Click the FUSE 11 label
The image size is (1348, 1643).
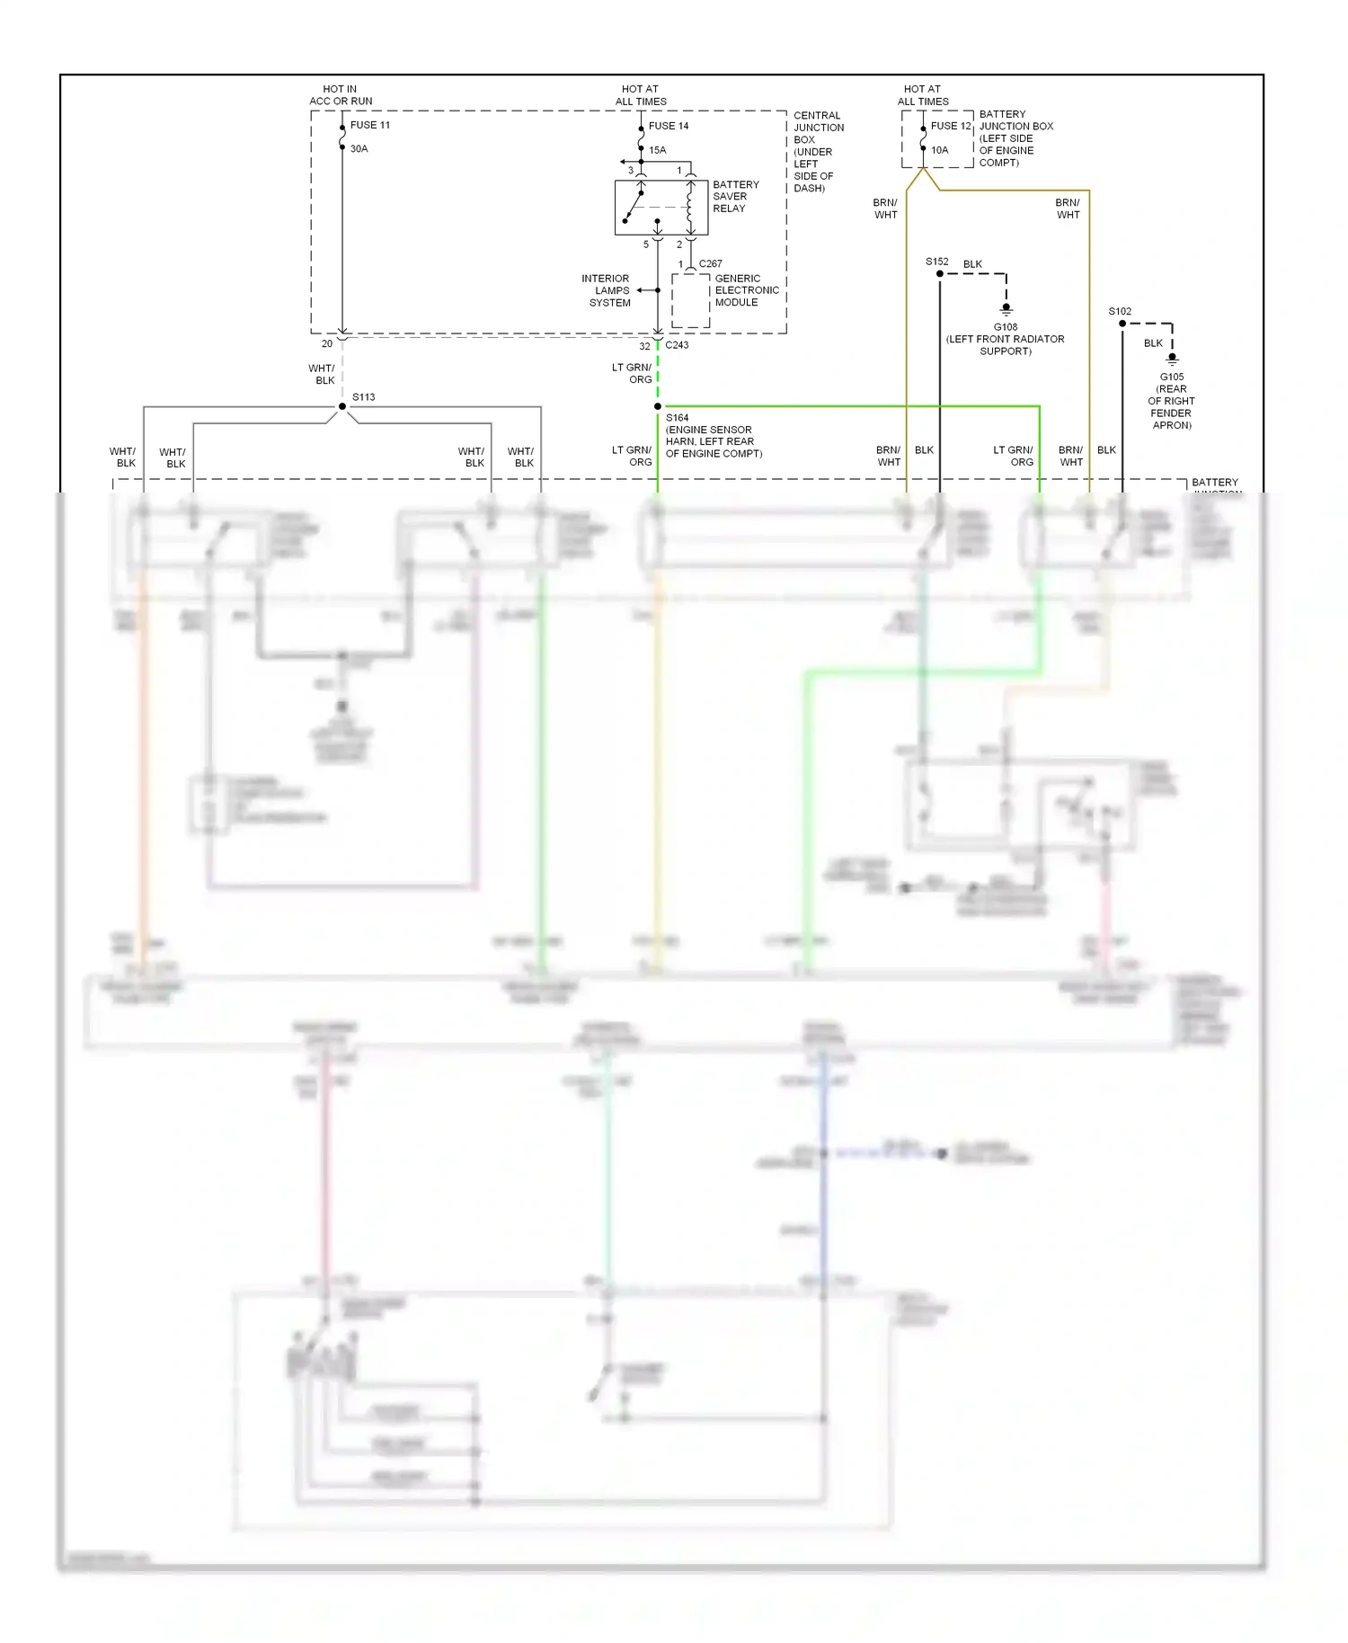tap(369, 125)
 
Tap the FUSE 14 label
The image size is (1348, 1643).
tap(668, 126)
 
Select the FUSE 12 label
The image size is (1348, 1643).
tap(951, 126)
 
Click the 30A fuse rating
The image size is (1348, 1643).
tap(359, 149)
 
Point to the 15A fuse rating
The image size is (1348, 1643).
tap(657, 150)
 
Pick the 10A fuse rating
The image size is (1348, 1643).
tap(939, 150)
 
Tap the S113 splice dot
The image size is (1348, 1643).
tap(342, 406)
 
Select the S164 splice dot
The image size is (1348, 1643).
tap(658, 406)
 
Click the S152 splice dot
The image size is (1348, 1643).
tap(940, 274)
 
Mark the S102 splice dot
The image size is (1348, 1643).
tap(1122, 324)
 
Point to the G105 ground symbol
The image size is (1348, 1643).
tap(1172, 360)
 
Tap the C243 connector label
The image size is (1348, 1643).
tap(677, 345)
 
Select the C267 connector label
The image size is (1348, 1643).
tap(710, 264)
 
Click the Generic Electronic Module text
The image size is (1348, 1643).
tap(746, 290)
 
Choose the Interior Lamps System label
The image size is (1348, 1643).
tap(607, 290)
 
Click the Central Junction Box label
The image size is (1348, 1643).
tap(817, 151)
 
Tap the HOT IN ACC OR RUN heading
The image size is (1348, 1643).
tap(341, 95)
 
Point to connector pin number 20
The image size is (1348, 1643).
tap(327, 343)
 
